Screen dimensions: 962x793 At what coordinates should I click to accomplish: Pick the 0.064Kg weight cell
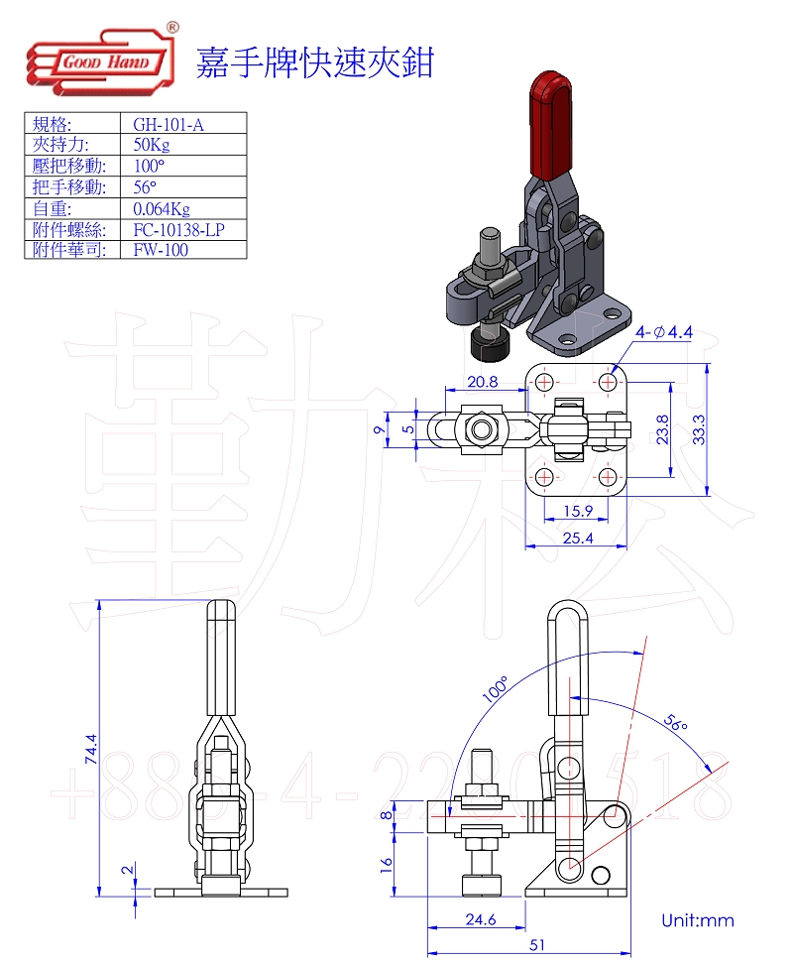[x=161, y=209]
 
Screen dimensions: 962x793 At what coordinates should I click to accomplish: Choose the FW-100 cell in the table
[x=160, y=250]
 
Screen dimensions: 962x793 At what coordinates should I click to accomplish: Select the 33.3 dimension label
[x=700, y=429]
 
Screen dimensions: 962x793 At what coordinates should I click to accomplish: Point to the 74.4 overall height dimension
[x=91, y=749]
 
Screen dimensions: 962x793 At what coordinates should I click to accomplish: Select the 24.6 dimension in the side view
[x=479, y=919]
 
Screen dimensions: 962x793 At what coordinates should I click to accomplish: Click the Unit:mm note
[x=698, y=920]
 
